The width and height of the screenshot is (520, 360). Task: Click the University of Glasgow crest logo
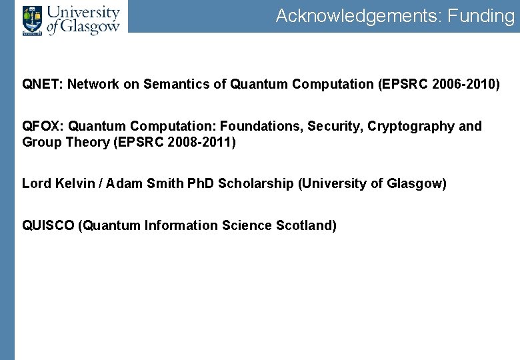[x=31, y=21]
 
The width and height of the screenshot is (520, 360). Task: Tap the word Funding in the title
[x=481, y=16]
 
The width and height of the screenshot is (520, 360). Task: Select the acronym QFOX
[x=41, y=127]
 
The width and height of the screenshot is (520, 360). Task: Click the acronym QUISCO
[x=49, y=226]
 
